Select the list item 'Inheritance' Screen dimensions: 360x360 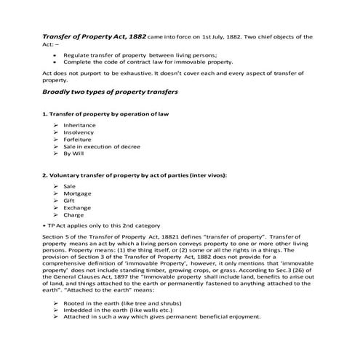click(x=79, y=125)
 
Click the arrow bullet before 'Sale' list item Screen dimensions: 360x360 click(x=56, y=186)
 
